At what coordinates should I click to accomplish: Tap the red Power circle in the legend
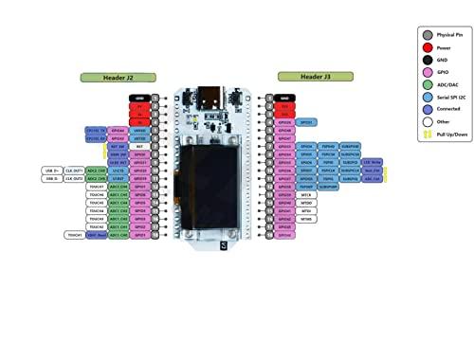428,47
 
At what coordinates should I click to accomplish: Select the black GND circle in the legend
428,60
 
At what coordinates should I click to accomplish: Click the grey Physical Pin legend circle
428,34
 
